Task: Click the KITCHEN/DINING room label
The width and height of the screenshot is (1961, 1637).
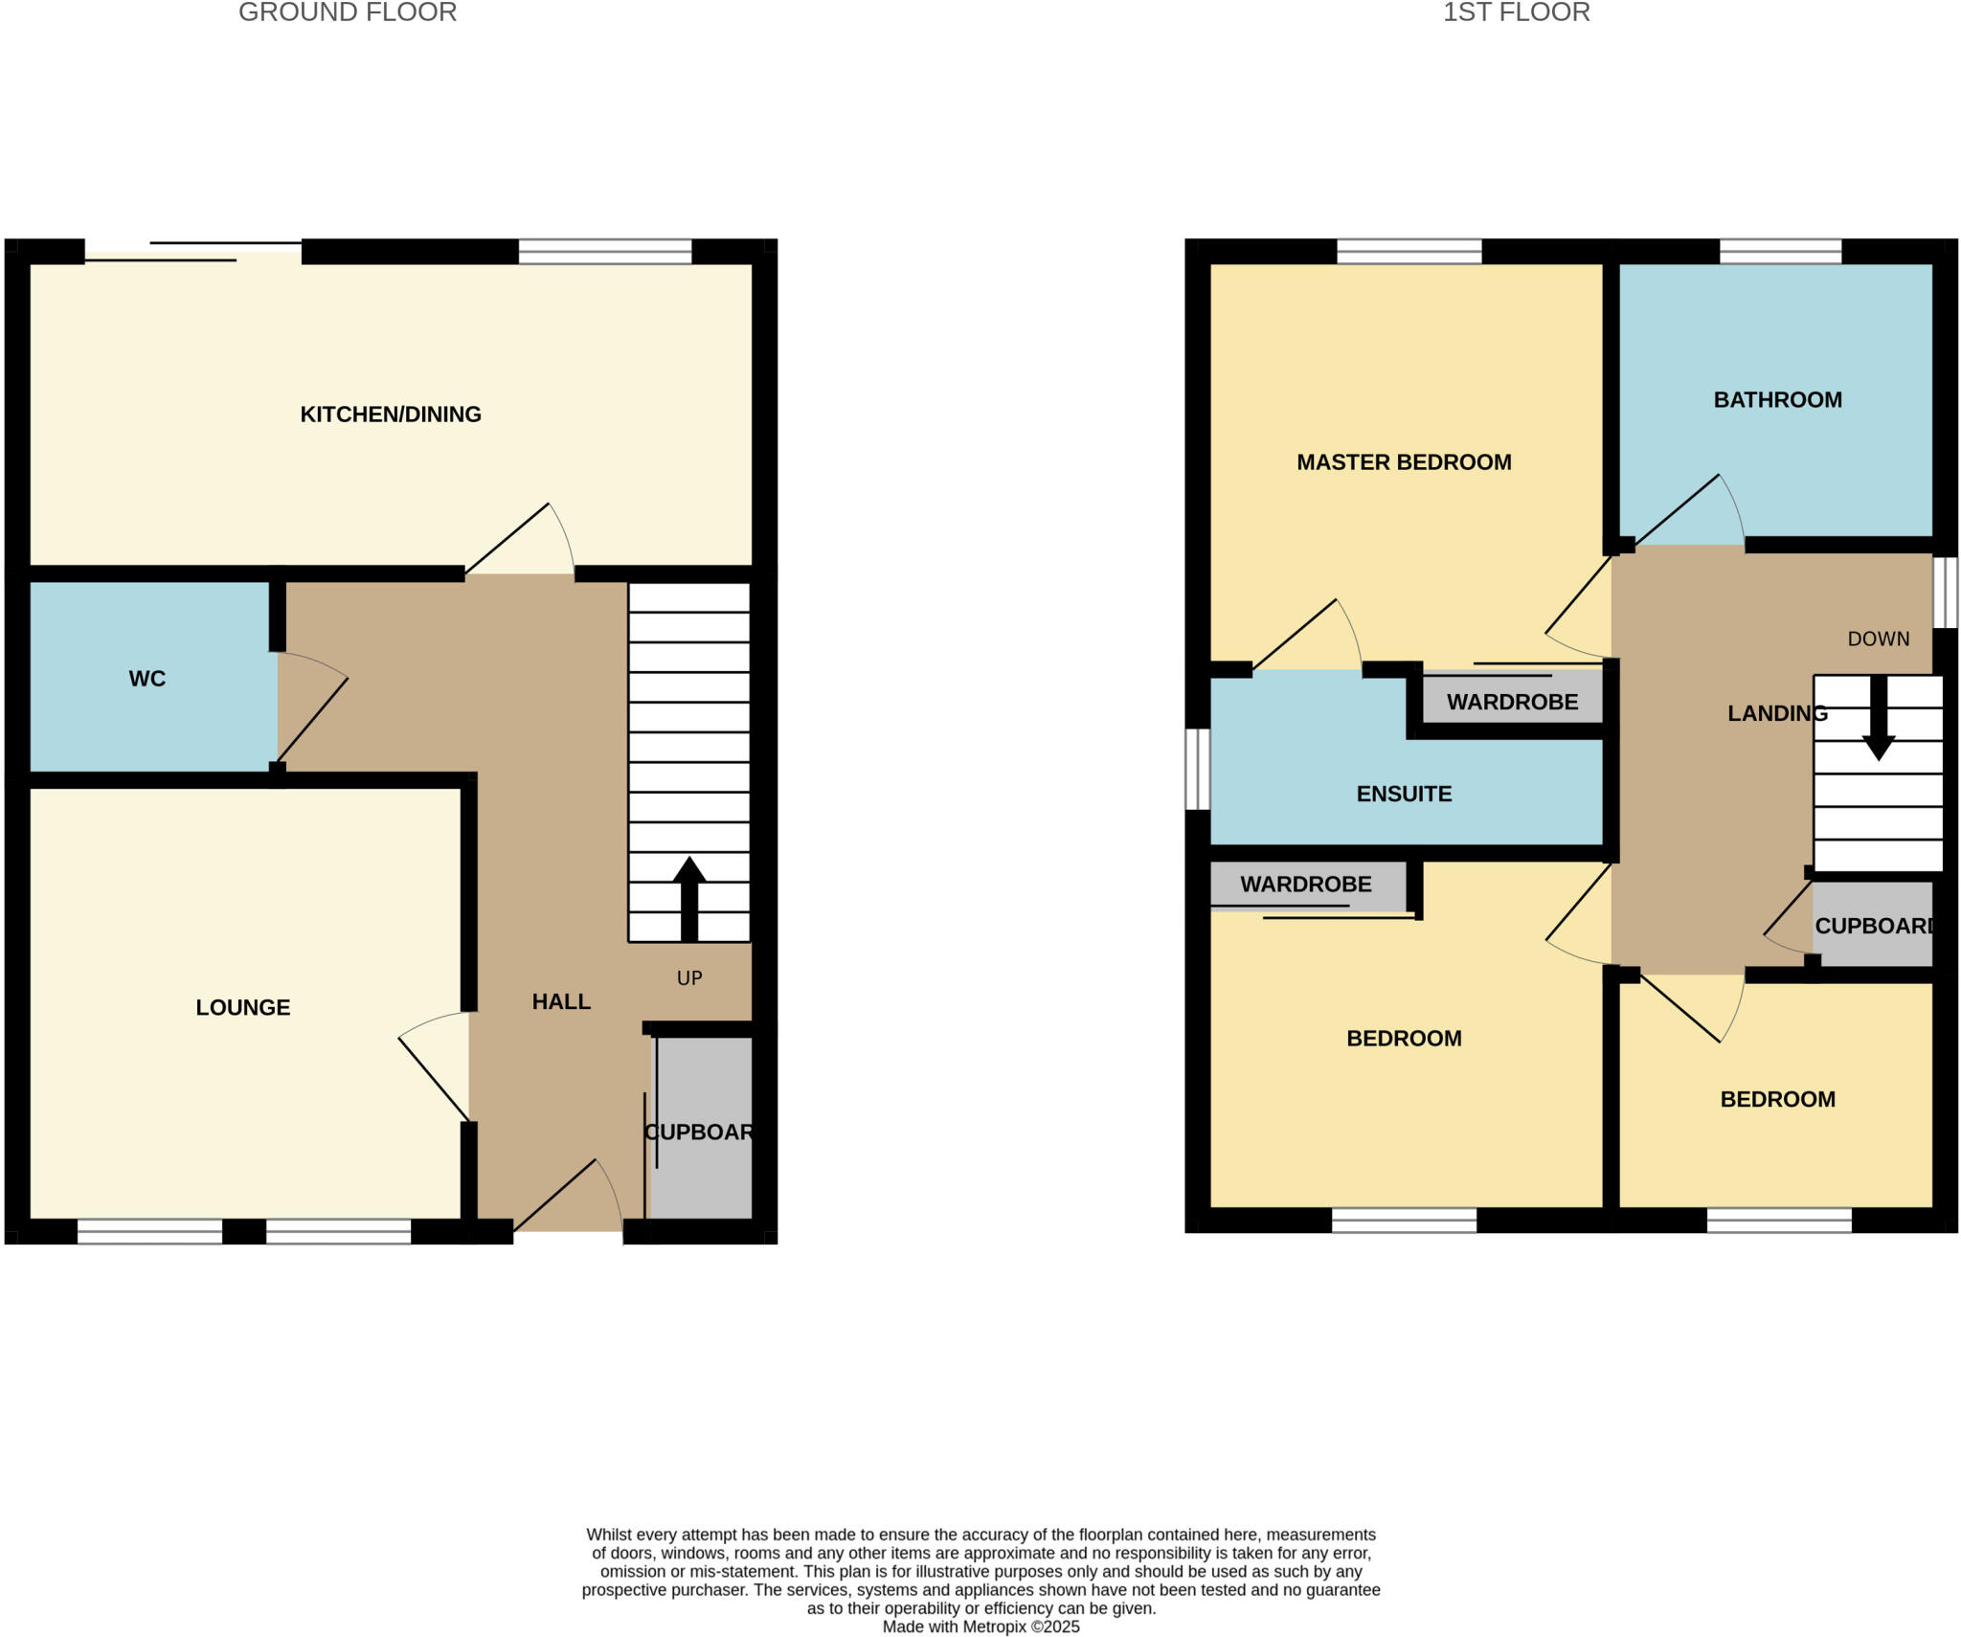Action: (391, 415)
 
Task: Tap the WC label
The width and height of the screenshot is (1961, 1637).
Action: (147, 679)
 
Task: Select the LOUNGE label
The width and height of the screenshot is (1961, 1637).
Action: (243, 1007)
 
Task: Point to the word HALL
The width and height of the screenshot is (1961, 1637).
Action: (561, 1001)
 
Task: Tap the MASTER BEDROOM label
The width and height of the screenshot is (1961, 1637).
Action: (1404, 462)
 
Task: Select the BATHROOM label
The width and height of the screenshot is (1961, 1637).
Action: (1777, 400)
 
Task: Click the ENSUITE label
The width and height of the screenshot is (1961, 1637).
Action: (1404, 794)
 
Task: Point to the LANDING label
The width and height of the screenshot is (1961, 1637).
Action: (1777, 713)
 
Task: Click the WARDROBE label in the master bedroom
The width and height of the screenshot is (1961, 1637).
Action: (1512, 702)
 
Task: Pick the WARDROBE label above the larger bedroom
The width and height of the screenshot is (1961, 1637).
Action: (1306, 885)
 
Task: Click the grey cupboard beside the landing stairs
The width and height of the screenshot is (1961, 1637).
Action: (1872, 925)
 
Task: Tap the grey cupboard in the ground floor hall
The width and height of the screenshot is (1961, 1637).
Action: (702, 1130)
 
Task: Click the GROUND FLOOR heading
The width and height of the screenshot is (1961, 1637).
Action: (348, 12)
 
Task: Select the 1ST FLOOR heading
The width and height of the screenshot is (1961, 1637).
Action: (1516, 12)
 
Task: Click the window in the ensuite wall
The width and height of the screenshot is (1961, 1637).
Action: (1197, 769)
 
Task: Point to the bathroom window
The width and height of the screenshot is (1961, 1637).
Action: (1780, 252)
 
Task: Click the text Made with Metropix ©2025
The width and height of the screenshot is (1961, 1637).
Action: (980, 1626)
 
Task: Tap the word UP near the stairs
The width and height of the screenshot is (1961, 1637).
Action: (689, 977)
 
